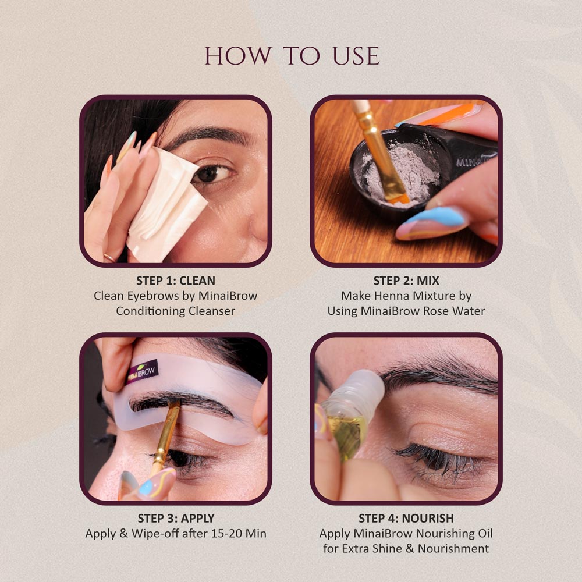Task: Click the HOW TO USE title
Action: coord(292,56)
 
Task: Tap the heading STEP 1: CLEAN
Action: coord(175,281)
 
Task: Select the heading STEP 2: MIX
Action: coord(406,281)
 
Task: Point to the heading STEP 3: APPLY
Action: coord(175,518)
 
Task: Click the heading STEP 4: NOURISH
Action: coord(406,518)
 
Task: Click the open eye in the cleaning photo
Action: coord(208,173)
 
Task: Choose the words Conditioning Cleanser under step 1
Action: coord(175,311)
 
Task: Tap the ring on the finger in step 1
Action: coord(109,257)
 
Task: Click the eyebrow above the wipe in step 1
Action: coord(204,137)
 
